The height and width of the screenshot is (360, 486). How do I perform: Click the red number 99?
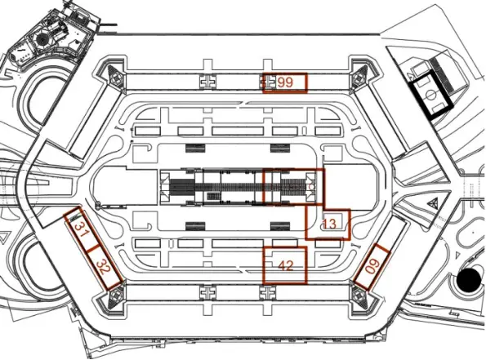pos(285,82)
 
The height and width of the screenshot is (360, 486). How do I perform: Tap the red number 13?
pos(329,224)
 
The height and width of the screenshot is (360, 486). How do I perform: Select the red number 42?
pos(286,265)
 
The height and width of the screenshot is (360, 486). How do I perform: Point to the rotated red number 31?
pos(80,229)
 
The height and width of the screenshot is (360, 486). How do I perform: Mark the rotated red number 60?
pos(372,266)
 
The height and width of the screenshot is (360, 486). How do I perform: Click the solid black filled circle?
pos(470,280)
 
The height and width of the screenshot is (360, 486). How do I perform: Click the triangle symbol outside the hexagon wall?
pos(432,203)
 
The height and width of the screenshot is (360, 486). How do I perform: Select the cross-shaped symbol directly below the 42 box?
pos(268,292)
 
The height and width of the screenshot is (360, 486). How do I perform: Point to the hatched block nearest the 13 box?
pos(280,226)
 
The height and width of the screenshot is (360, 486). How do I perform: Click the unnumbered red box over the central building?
pos(293,186)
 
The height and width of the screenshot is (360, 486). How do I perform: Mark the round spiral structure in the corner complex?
pos(41,39)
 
